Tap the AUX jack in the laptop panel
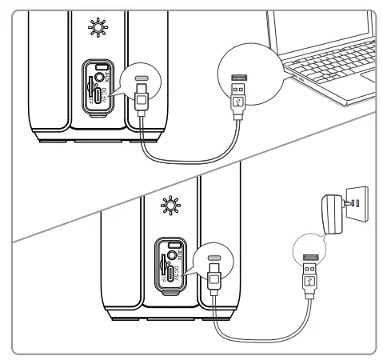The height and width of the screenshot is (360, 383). pos(101,78)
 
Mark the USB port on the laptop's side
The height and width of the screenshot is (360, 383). pos(295,79)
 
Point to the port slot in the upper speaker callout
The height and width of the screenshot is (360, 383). pos(141,80)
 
